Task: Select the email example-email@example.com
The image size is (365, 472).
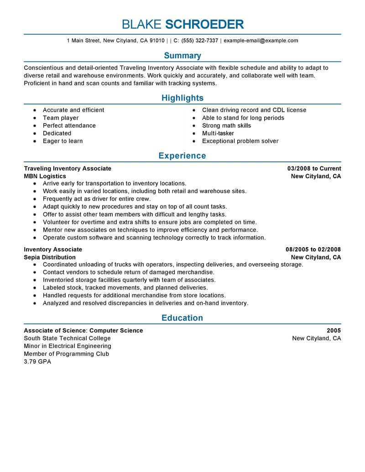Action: [x=261, y=41]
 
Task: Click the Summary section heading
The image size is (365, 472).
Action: [x=182, y=56]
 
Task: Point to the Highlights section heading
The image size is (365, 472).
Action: [x=182, y=98]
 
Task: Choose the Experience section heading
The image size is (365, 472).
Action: [x=182, y=156]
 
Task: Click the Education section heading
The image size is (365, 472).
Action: [x=182, y=318]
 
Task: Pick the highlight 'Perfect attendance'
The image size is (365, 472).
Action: [x=69, y=125]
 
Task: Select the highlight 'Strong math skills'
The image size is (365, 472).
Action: [x=227, y=125]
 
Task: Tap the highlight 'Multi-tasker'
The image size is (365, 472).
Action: [x=218, y=133]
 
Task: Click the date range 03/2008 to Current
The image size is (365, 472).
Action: [x=313, y=168]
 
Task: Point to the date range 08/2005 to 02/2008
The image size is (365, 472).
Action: [x=313, y=249]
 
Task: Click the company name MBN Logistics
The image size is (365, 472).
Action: [x=45, y=176]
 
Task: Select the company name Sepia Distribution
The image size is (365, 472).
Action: [x=49, y=257]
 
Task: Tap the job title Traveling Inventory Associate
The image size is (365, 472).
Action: [x=68, y=168]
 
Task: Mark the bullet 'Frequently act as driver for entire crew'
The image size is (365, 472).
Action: [x=97, y=199]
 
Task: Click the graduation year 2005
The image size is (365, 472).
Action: [x=334, y=331]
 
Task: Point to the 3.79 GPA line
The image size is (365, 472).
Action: [x=37, y=362]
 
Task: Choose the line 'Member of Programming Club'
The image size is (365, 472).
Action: [x=67, y=354]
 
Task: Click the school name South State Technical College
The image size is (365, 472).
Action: [x=67, y=338]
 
